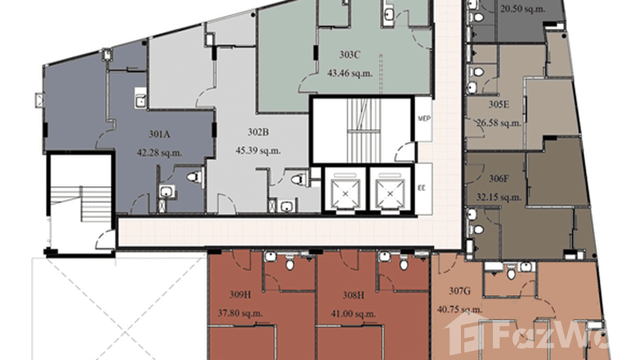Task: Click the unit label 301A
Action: tap(160, 134)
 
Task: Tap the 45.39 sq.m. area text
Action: tap(258, 150)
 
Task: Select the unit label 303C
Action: tap(350, 55)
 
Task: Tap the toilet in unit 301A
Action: tap(192, 177)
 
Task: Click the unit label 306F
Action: tap(498, 179)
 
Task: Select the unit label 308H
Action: tap(353, 295)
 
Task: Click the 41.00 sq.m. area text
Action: tap(353, 314)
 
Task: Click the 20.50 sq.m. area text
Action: tap(522, 8)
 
